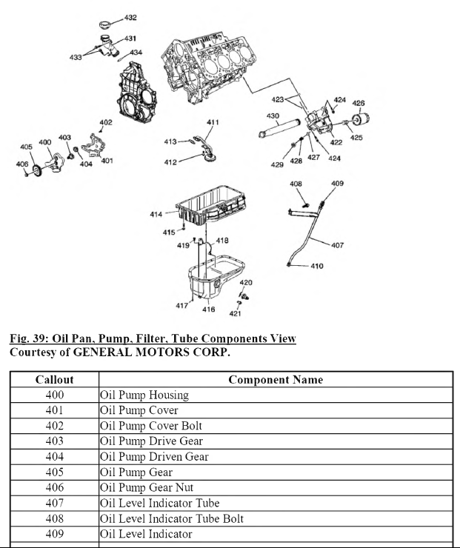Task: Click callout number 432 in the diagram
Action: [130, 17]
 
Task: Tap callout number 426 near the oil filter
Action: [359, 103]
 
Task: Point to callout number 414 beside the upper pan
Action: [156, 215]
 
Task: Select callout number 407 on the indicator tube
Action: [337, 245]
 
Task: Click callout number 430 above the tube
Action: [273, 116]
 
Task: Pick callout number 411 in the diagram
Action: [213, 122]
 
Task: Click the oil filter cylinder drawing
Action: [363, 121]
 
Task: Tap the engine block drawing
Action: [211, 67]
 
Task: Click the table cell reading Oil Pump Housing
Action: [144, 395]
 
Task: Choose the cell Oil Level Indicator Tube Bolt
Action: [172, 518]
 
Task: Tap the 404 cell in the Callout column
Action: [54, 457]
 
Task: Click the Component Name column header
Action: [276, 379]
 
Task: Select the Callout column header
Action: [54, 379]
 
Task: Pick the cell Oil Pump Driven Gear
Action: [154, 457]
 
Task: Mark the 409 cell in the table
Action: [54, 534]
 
